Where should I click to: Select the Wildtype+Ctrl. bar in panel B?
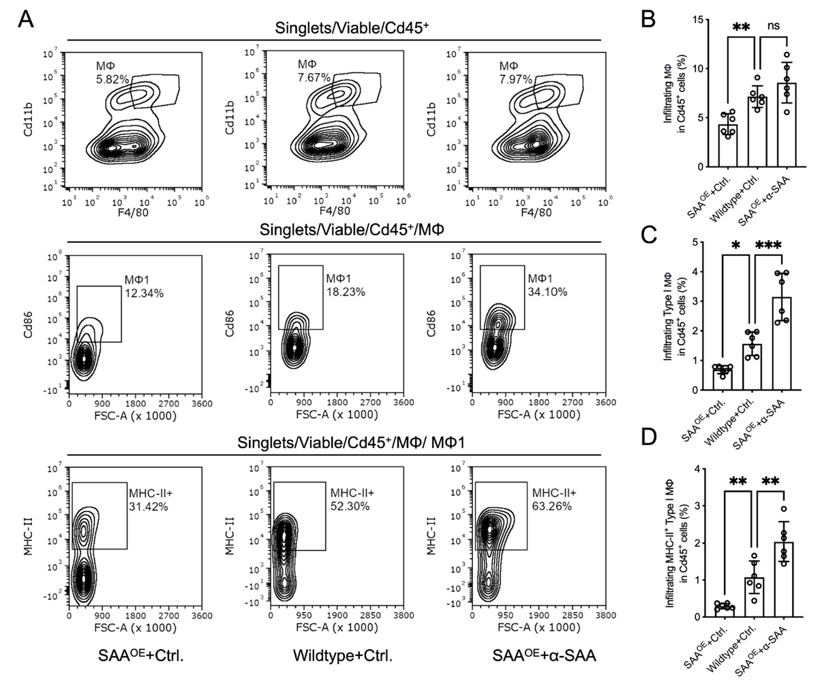pyautogui.click(x=757, y=132)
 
